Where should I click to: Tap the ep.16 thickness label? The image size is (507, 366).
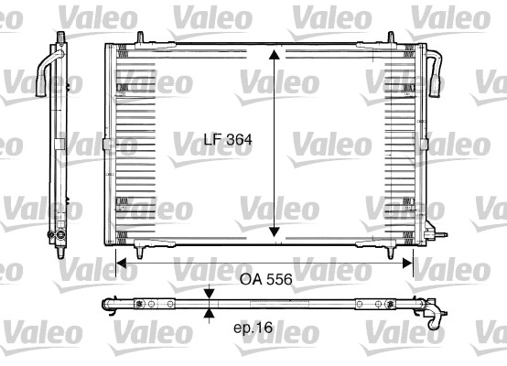coord(253,326)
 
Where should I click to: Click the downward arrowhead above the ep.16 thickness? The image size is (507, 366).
coord(210,294)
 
